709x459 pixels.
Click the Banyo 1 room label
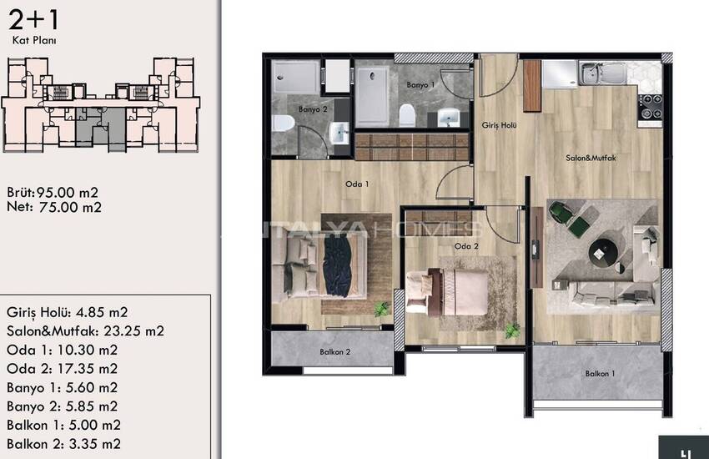pyautogui.click(x=420, y=84)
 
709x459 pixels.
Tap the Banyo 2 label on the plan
pyautogui.click(x=313, y=109)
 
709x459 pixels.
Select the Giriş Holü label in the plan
pyautogui.click(x=499, y=125)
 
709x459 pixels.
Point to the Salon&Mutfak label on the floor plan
pyautogui.click(x=591, y=158)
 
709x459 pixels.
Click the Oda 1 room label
pyautogui.click(x=357, y=184)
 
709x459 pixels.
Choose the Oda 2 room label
pyautogui.click(x=466, y=246)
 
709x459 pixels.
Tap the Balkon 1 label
pyautogui.click(x=600, y=374)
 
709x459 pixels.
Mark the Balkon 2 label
pyautogui.click(x=334, y=352)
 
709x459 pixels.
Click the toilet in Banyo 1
pyautogui.click(x=407, y=115)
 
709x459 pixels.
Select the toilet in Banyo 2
pyautogui.click(x=284, y=123)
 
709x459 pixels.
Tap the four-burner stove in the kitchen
pyautogui.click(x=650, y=107)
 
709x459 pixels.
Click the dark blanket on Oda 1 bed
pyautogui.click(x=337, y=267)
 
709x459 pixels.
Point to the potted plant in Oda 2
pyautogui.click(x=512, y=330)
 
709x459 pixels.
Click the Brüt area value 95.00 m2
pyautogui.click(x=68, y=193)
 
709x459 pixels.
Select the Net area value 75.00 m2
pyautogui.click(x=70, y=208)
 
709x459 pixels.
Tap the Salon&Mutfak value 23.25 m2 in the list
pyautogui.click(x=133, y=331)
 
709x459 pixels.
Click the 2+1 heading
pyautogui.click(x=33, y=20)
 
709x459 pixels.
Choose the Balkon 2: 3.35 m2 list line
pyautogui.click(x=63, y=444)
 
